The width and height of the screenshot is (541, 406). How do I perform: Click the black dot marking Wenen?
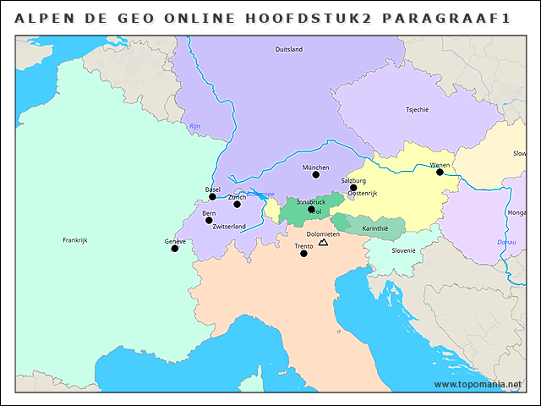click(440, 172)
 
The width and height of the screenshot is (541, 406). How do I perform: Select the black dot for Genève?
click(175, 249)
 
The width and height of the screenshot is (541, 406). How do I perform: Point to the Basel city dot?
click(213, 196)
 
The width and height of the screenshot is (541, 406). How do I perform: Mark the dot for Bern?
click(209, 220)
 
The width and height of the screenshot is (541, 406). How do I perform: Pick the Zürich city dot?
click(237, 204)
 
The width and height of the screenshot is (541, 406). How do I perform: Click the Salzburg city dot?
click(353, 188)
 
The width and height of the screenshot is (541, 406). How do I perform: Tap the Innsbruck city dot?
click(311, 209)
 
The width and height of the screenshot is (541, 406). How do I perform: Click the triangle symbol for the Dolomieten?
click(323, 244)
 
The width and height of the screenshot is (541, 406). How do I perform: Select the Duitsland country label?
click(289, 50)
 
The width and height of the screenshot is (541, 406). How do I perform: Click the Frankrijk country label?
click(75, 240)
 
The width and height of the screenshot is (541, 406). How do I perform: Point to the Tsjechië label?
click(418, 110)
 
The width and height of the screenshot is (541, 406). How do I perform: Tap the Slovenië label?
click(403, 250)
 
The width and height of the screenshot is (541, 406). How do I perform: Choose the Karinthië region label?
click(374, 228)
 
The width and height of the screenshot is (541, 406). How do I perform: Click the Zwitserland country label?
click(229, 227)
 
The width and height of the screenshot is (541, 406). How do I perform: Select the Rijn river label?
click(195, 126)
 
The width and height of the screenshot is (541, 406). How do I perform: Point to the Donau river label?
click(506, 242)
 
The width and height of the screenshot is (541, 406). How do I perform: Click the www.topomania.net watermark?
click(478, 385)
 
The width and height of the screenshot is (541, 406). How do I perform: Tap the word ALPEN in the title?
click(41, 18)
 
